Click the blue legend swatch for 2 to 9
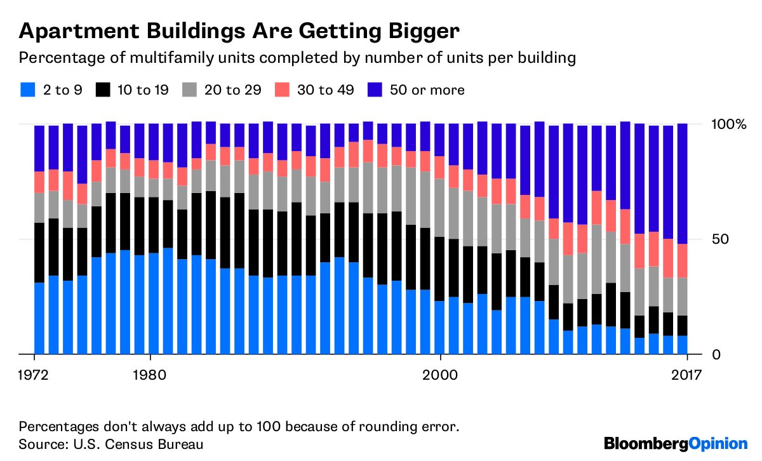pyautogui.click(x=26, y=90)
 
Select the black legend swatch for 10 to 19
pyautogui.click(x=103, y=90)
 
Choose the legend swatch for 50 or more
pyautogui.click(x=373, y=90)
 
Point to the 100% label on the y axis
pyautogui.click(x=728, y=124)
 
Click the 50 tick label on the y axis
pyautogui.click(x=717, y=239)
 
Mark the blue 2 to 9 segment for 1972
pyautogui.click(x=39, y=318)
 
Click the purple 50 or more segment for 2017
pyautogui.click(x=683, y=184)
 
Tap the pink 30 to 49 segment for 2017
pyautogui.click(x=683, y=260)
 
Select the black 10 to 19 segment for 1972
pyautogui.click(x=39, y=253)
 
